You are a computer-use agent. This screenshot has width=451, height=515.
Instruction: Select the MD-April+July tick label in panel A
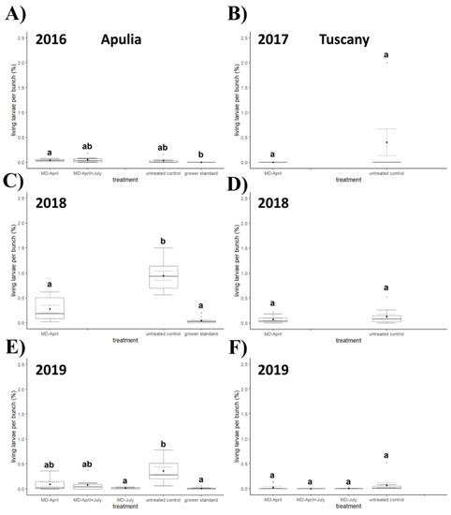point(87,170)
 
